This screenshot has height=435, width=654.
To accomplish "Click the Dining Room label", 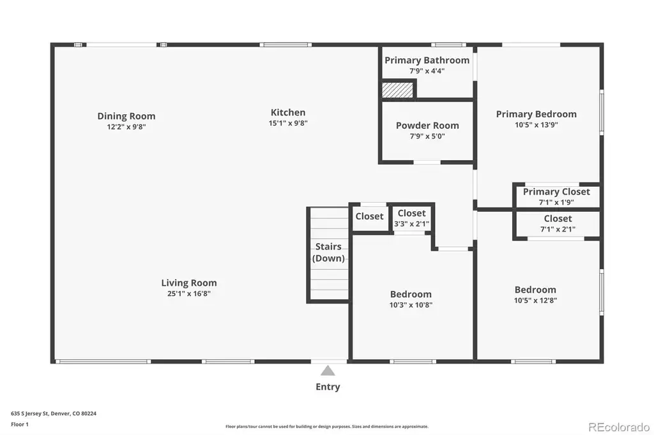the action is (126, 116).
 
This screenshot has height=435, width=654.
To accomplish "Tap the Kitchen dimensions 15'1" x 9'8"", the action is (288, 123).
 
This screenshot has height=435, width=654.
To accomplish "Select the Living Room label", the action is (189, 283).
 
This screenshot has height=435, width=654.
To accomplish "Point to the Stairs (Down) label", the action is (329, 252).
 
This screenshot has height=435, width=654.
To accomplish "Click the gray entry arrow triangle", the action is (328, 371).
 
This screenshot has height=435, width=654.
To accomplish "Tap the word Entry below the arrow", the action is (328, 387).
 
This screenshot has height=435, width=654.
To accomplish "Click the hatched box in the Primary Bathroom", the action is (397, 90).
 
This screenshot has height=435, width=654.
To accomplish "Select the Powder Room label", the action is (427, 126).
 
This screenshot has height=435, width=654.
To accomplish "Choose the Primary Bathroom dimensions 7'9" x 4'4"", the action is (427, 71).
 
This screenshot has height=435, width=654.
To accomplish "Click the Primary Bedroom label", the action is (536, 114).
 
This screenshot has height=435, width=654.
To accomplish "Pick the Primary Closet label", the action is (556, 191).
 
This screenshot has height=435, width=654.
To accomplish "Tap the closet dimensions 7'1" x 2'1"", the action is (558, 229).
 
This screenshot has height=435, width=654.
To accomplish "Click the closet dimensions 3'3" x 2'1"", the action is (412, 224).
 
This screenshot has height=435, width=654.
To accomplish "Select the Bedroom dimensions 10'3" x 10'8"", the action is (411, 305).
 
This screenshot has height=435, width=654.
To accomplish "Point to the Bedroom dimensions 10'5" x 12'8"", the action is (536, 300).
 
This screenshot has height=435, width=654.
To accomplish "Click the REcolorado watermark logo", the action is (619, 427).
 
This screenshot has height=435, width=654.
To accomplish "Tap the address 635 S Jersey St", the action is (30, 414).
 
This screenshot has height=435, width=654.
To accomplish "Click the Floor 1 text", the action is (20, 425).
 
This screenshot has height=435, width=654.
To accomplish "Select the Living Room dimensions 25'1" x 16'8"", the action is (189, 294).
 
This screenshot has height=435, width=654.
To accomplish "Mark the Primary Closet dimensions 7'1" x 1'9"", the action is (556, 202).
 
